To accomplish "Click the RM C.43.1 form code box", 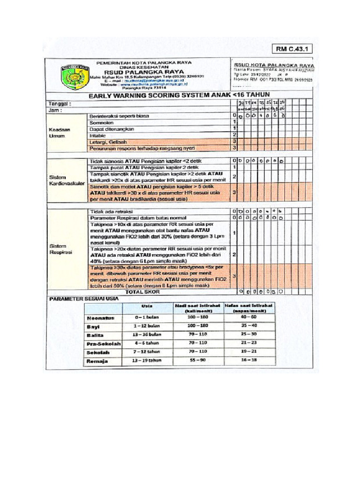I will click(x=294, y=48).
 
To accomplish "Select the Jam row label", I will click(x=56, y=110).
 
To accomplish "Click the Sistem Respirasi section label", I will click(x=60, y=249).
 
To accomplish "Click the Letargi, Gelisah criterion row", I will click(x=107, y=142).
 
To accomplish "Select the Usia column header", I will click(x=147, y=307).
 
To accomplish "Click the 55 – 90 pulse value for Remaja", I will click(x=197, y=361).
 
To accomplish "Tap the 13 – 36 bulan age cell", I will click(x=147, y=335).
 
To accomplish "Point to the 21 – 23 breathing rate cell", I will click(x=249, y=343).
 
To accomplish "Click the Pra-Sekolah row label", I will click(x=103, y=344).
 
